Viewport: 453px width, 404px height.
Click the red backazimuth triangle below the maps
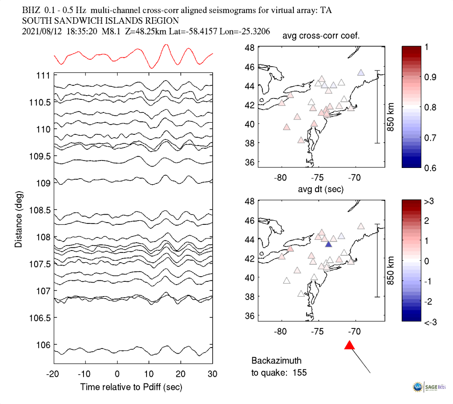[x=349, y=345]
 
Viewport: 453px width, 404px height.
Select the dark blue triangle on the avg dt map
[x=328, y=244]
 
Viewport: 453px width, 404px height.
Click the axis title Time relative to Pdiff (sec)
[x=131, y=387]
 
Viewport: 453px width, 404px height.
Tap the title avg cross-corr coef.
[x=321, y=37]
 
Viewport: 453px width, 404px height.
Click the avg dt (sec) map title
[x=321, y=189]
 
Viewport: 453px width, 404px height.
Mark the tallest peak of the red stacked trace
[x=165, y=45]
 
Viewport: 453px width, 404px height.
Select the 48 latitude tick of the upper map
[x=250, y=48]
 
